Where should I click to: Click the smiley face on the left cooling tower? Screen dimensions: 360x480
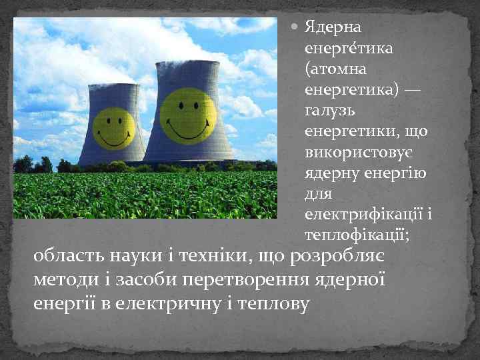[x=113, y=128]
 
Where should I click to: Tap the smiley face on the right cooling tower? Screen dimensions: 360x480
[x=188, y=115]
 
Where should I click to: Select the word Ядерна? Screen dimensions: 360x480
[x=334, y=28]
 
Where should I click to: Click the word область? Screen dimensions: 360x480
[x=65, y=257]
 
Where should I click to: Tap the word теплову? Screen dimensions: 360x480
[x=273, y=303]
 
